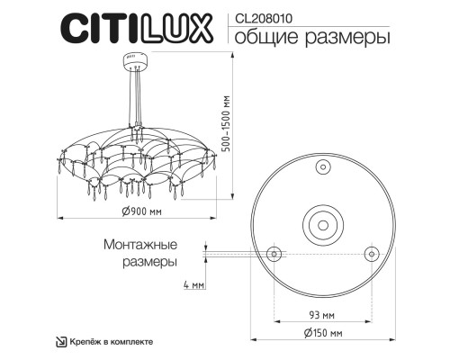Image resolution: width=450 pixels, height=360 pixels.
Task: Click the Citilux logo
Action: (137, 30)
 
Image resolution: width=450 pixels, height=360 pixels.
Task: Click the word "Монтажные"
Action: (139, 245)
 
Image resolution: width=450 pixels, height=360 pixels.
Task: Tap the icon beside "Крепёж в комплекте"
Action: (61, 342)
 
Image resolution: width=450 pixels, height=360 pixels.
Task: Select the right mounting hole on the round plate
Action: (368, 251)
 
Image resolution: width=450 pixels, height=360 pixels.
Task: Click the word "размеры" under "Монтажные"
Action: (148, 261)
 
